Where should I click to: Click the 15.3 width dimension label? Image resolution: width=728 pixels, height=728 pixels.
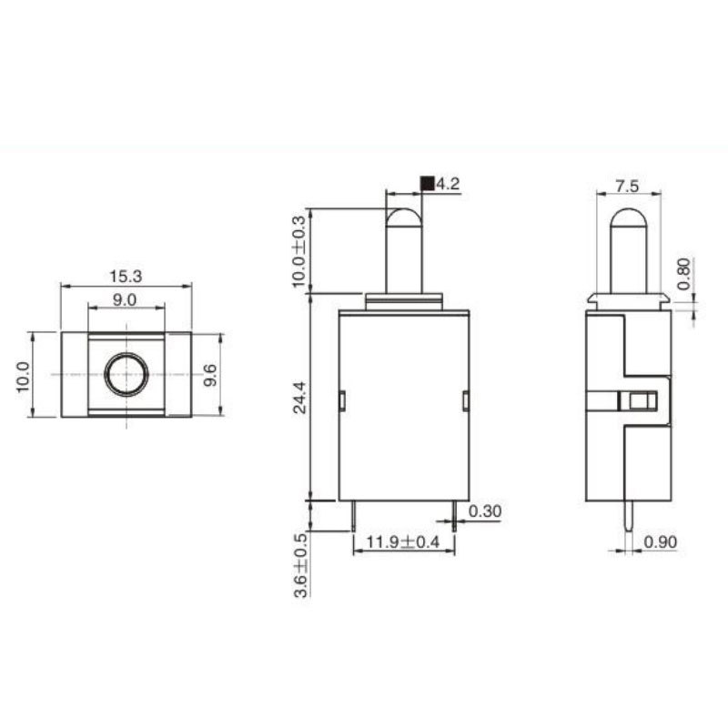tap(126, 277)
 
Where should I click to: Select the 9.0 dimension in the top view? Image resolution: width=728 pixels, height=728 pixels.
tap(125, 300)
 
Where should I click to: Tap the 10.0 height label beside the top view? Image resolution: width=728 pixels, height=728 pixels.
tap(24, 377)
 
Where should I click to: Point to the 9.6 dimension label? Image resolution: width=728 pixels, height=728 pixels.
tap(210, 375)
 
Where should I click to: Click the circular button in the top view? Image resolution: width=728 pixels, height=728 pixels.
tap(126, 374)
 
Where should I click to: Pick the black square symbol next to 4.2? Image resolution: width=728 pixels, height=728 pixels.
tap(427, 184)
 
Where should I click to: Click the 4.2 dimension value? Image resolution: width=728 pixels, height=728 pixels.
tap(448, 184)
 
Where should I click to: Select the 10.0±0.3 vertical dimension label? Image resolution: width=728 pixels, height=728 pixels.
tap(300, 251)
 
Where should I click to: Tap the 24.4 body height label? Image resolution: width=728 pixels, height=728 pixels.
tap(300, 398)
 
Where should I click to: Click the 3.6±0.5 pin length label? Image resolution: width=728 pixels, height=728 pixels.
tap(301, 565)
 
